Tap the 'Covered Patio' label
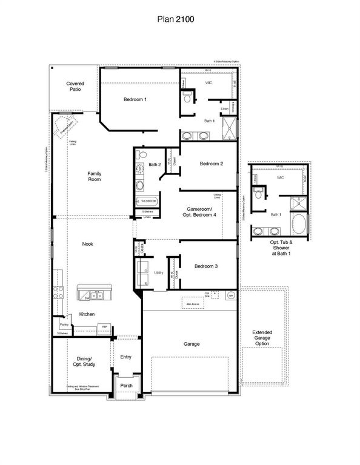(75, 87)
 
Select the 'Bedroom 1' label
(135, 99)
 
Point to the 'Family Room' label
(94, 176)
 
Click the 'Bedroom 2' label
(212, 163)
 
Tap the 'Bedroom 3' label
(206, 266)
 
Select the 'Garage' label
(192, 344)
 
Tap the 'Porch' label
(126, 385)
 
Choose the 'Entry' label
(125, 357)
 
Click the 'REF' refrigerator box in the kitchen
(104, 327)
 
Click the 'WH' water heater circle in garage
(230, 295)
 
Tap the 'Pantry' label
(64, 325)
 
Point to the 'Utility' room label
(159, 273)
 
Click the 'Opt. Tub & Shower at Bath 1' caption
(281, 248)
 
